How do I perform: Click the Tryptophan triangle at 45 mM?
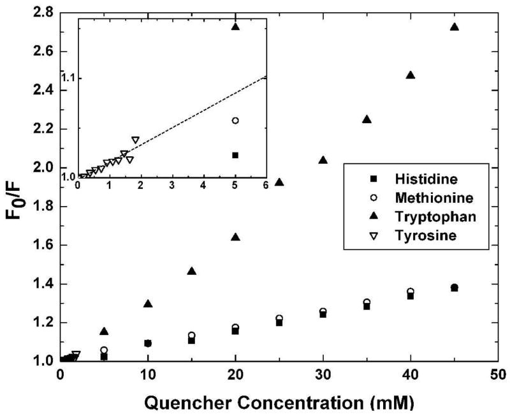point(455,27)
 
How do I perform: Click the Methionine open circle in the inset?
point(235,121)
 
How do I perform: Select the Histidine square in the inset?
point(235,155)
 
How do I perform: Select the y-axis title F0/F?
point(14,187)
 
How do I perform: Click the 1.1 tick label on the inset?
point(69,77)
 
